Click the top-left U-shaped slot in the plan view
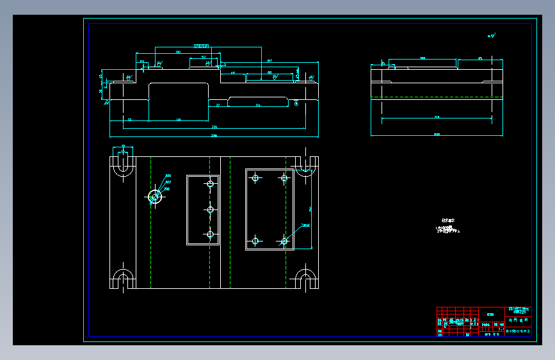coord(122,165)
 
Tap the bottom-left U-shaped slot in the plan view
coord(122,280)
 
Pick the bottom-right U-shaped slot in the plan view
coord(306,280)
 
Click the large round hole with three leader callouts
coord(154,196)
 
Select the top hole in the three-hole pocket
coord(210,184)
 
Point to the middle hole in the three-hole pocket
coord(210,209)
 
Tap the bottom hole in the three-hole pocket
coord(210,234)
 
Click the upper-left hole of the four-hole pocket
coord(255,177)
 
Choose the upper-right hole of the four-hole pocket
coord(284,177)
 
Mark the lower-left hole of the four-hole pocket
coord(255,241)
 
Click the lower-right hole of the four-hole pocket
coord(284,241)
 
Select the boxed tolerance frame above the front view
coord(201,46)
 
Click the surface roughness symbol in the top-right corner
coord(491,36)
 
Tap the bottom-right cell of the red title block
coord(518,331)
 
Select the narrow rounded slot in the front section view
coord(258,101)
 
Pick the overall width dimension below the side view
coord(437,135)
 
